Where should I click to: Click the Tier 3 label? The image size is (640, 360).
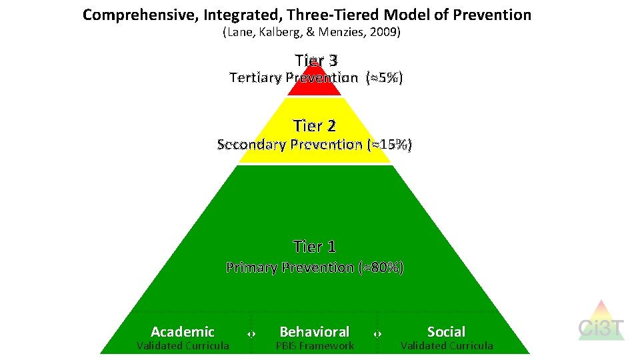point(316,61)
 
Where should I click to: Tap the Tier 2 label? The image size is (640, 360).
point(315,125)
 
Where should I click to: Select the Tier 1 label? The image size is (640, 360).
point(315,247)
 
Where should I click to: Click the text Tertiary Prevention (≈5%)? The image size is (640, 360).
point(315,78)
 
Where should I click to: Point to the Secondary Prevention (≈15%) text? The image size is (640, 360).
point(315,144)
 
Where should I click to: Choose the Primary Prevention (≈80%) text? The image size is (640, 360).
point(315,267)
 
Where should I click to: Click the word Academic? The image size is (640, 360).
point(183,331)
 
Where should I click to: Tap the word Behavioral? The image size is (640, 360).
point(314,331)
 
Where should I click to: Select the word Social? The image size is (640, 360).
point(446,331)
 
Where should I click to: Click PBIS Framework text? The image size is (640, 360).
point(315,345)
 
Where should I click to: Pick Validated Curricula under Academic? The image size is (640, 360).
point(183,345)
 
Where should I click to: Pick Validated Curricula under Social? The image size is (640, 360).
point(447,345)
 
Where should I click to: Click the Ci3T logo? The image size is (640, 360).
point(601,322)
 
